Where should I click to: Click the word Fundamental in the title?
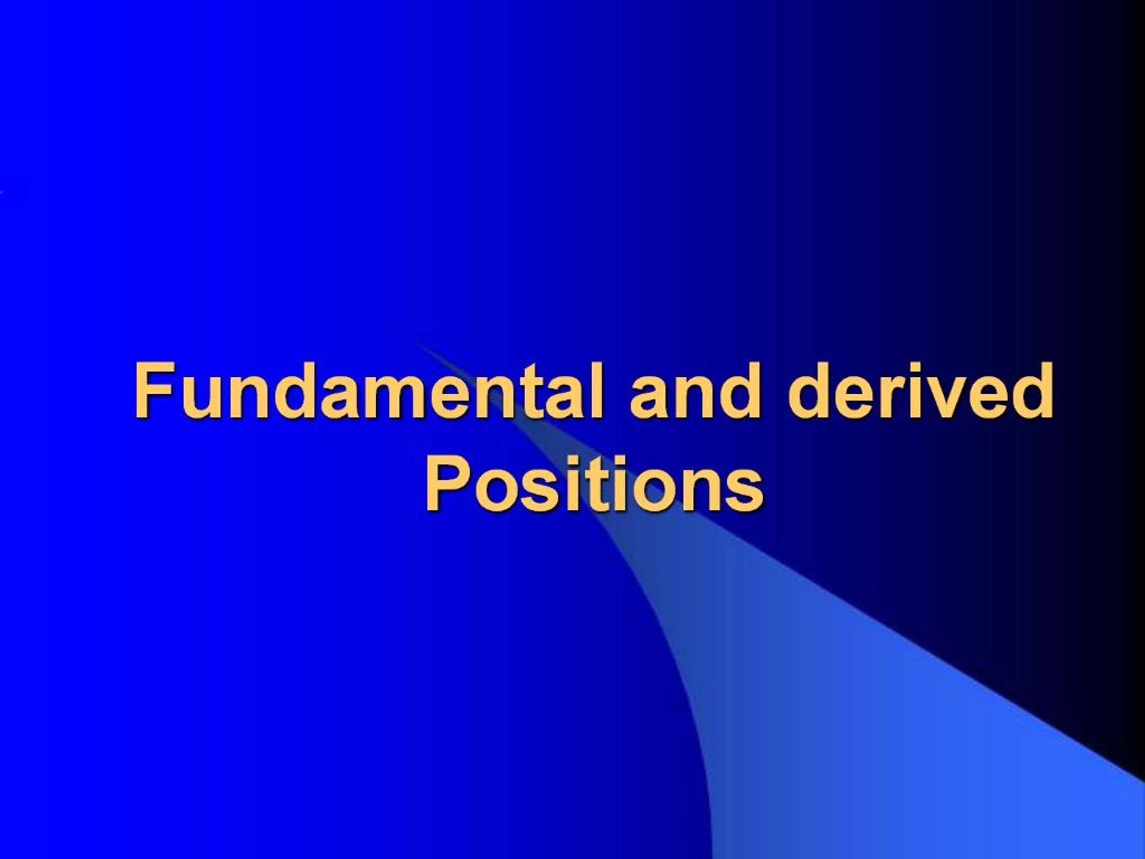click(x=369, y=392)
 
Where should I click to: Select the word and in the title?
click(x=695, y=392)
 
